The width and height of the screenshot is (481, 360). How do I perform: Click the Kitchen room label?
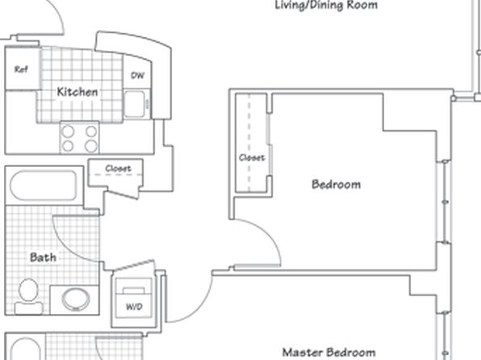pyautogui.click(x=77, y=92)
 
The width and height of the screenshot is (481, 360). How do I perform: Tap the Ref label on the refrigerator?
pyautogui.click(x=21, y=69)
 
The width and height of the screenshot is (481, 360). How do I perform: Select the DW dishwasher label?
pyautogui.click(x=137, y=76)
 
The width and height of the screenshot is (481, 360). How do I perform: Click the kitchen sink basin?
pyautogui.click(x=134, y=104)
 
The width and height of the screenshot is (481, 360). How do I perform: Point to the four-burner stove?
pyautogui.click(x=79, y=138)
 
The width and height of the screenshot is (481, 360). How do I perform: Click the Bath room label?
pyautogui.click(x=43, y=257)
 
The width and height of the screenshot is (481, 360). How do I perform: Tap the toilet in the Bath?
pyautogui.click(x=28, y=296)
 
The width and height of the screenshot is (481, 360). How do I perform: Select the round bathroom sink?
pyautogui.click(x=76, y=299)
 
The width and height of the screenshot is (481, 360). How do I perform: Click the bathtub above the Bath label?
pyautogui.click(x=44, y=186)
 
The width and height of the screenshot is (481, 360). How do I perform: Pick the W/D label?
pyautogui.click(x=134, y=306)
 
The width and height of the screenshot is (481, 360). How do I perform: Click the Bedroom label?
pyautogui.click(x=337, y=185)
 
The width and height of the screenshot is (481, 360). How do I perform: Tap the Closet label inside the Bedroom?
pyautogui.click(x=252, y=157)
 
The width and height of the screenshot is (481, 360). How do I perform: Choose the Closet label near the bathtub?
pyautogui.click(x=118, y=168)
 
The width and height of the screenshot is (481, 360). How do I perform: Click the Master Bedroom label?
pyautogui.click(x=328, y=353)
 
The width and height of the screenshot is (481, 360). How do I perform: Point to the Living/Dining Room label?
pyautogui.click(x=326, y=5)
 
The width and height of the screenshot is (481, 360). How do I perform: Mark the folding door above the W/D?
pyautogui.click(x=134, y=266)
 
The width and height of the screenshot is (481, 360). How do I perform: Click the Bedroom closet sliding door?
pyautogui.click(x=270, y=144)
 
